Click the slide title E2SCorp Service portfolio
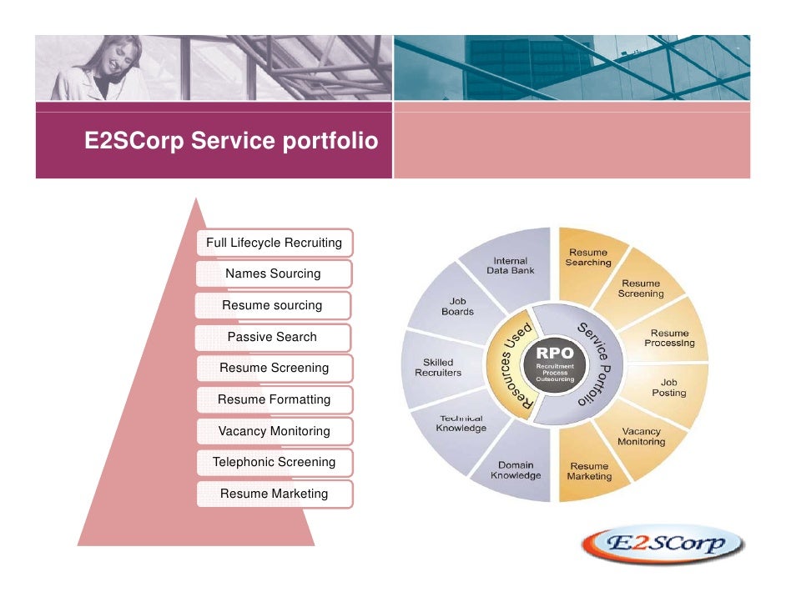tap(230, 142)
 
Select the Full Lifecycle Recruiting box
tap(274, 243)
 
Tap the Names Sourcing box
tap(273, 273)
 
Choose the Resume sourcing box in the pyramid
tap(272, 306)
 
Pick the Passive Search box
tap(272, 337)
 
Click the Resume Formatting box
tap(274, 399)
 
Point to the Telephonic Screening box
tap(274, 462)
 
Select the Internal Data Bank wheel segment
tap(511, 265)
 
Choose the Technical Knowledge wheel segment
tap(461, 424)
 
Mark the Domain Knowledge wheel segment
tap(516, 470)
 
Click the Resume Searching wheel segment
tap(588, 258)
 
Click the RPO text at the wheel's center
tap(554, 354)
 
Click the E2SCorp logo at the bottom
tap(663, 546)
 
